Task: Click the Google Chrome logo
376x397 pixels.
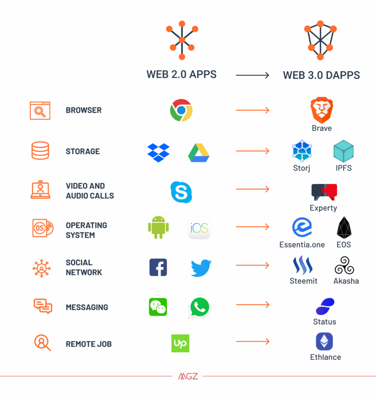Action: coord(181,110)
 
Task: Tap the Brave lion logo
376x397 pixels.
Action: coord(322,110)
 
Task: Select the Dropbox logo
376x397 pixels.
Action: coord(159,153)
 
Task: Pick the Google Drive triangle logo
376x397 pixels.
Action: coord(199,153)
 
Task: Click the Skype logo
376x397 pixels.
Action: coord(181,192)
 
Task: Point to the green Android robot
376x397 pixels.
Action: coord(159,227)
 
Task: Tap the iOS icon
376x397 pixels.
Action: coord(199,228)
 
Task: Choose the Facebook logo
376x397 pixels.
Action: coord(158,267)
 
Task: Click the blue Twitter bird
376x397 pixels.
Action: coord(201,268)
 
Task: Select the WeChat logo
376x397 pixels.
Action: coord(158,307)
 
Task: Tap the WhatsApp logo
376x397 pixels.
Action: coord(200,308)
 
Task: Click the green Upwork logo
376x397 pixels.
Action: coord(180,343)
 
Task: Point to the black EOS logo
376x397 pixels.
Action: coord(344,228)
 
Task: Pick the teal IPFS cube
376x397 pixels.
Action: coord(343,151)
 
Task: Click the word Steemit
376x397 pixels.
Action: coord(303,281)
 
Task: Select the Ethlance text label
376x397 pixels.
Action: coord(325,357)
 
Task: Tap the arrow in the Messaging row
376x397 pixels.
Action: coord(253,305)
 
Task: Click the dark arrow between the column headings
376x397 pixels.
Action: coord(252,75)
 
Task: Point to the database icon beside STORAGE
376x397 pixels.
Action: coord(40,151)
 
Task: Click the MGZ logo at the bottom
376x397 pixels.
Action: coord(188,376)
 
